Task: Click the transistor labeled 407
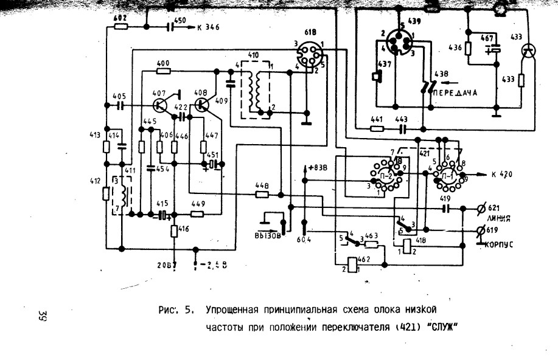[x=161, y=105]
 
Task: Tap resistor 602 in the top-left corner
[x=120, y=27]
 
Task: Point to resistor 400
[x=163, y=71]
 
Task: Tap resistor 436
[x=469, y=49]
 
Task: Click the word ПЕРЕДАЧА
[x=454, y=92]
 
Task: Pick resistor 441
[x=377, y=128]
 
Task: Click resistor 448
[x=262, y=195]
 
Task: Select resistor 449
[x=197, y=213]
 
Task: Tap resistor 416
[x=175, y=230]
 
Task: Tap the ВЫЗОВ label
[x=267, y=236]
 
